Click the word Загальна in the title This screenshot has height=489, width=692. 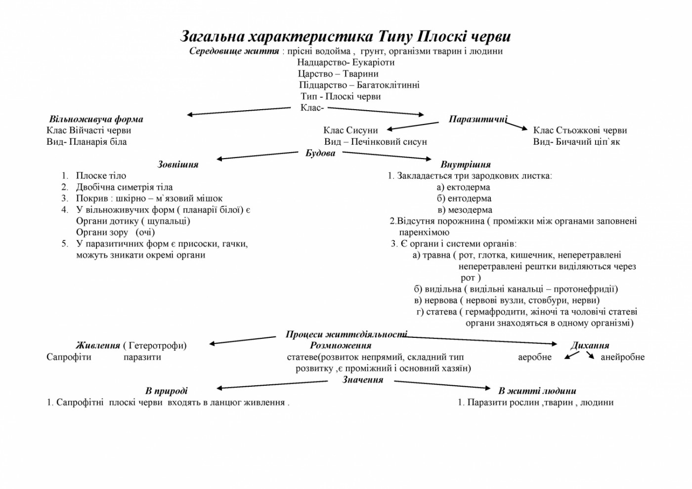[x=213, y=37]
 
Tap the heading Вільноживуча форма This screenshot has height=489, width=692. [x=96, y=119]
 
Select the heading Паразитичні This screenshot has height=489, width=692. [x=477, y=119]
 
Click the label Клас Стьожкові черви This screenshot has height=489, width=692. [x=580, y=130]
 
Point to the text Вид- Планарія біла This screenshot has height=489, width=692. [x=86, y=142]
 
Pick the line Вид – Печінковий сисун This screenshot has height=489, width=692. [x=375, y=142]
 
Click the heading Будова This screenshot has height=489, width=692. [x=320, y=153]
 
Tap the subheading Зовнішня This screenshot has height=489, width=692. [x=178, y=164]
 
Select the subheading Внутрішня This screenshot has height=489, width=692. [x=465, y=164]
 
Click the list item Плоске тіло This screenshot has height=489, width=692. [x=101, y=176]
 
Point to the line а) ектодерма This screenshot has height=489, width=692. [x=463, y=187]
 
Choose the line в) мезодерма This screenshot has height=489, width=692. [x=464, y=210]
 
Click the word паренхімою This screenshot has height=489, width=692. [x=424, y=232]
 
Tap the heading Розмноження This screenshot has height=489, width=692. [x=341, y=346]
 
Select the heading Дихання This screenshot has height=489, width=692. [x=590, y=346]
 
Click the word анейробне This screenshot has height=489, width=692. [x=622, y=357]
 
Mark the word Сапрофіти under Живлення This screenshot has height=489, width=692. [x=69, y=357]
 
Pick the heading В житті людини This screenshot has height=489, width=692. [x=537, y=391]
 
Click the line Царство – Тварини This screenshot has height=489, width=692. [x=338, y=74]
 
